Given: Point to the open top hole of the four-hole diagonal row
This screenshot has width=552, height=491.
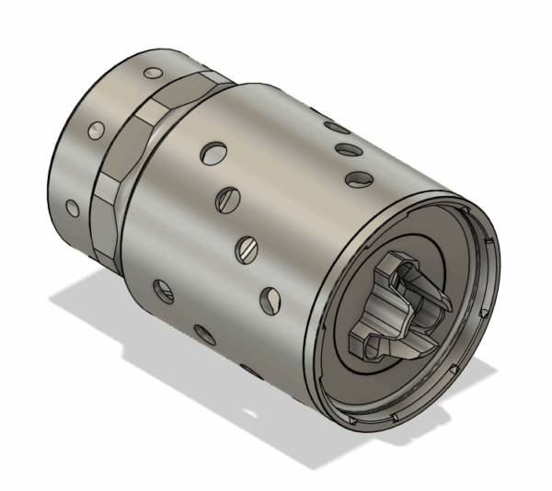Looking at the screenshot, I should point(213,150).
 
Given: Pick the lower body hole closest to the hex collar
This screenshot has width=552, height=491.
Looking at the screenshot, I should point(162,291).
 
